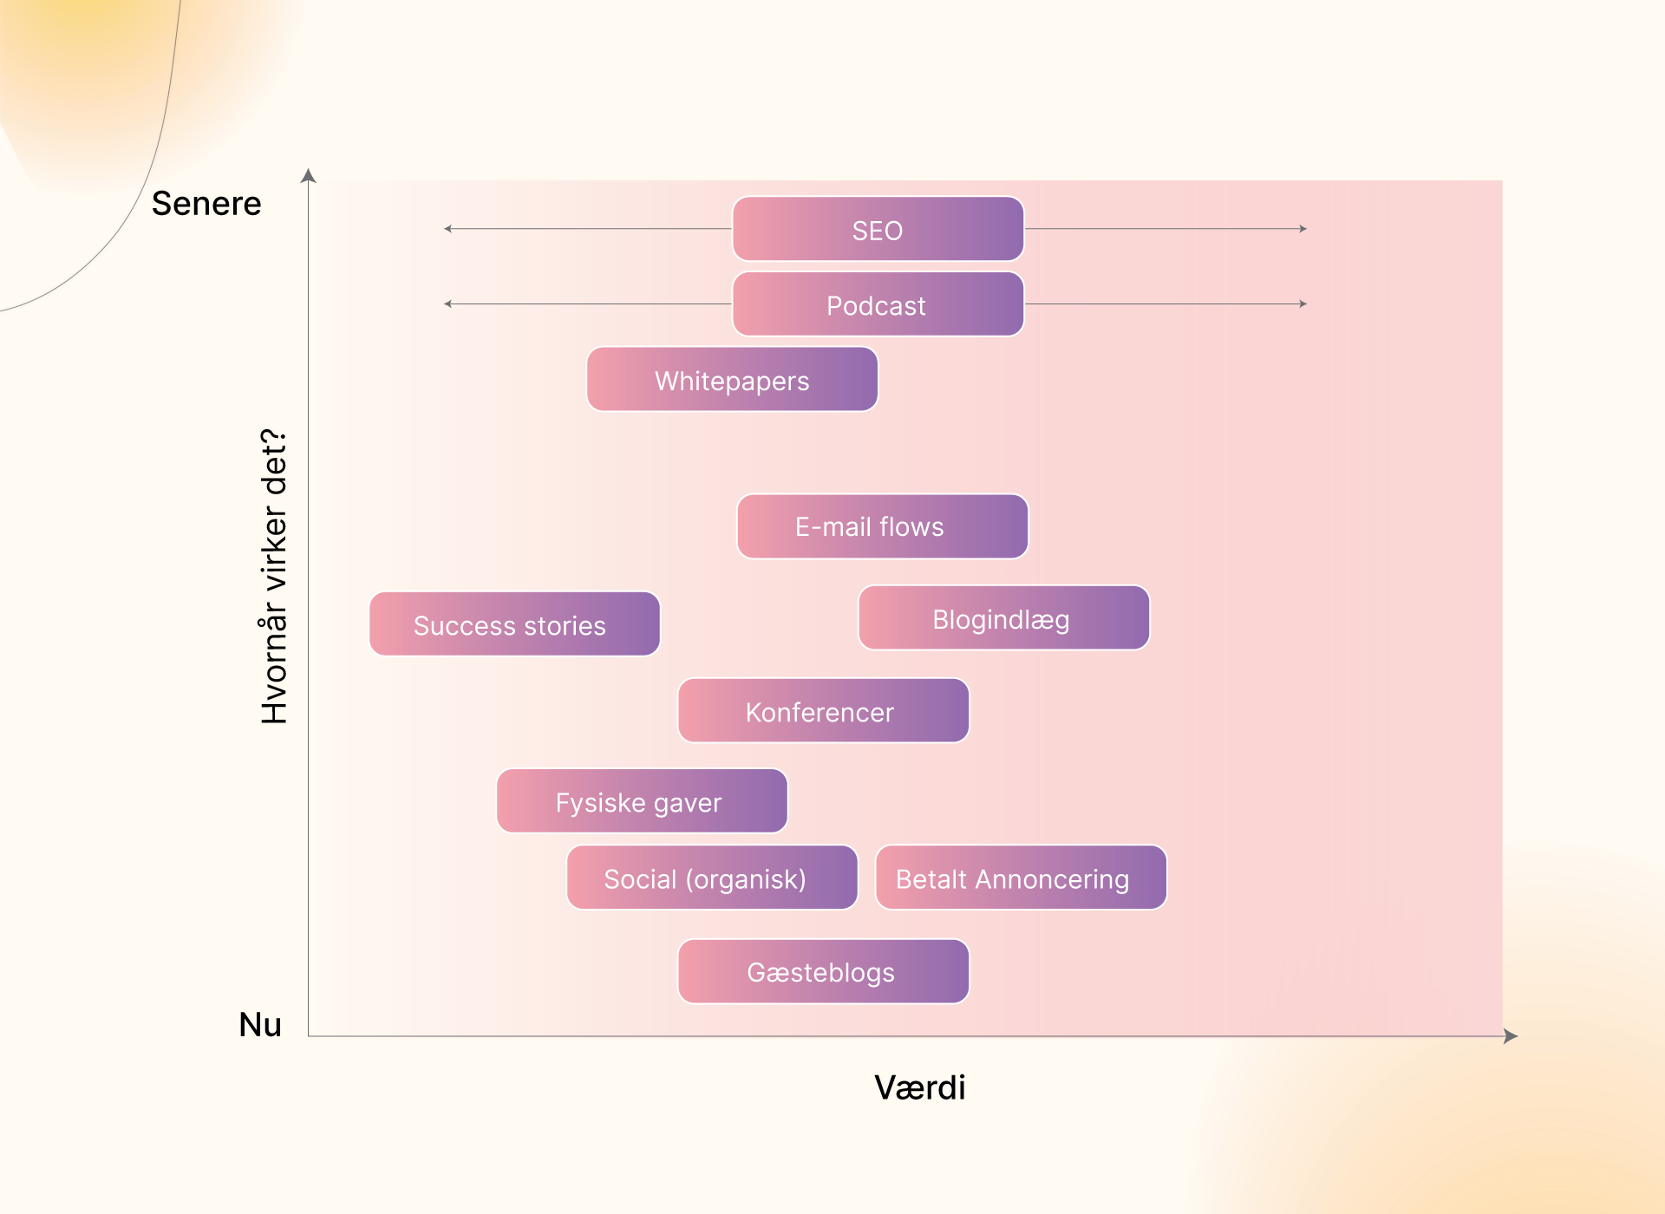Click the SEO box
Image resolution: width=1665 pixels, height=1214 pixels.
(878, 229)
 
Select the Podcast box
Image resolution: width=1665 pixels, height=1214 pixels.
(878, 304)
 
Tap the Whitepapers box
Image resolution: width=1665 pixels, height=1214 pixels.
(733, 380)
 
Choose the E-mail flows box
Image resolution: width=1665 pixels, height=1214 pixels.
(883, 526)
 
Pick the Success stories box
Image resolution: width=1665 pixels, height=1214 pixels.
(515, 624)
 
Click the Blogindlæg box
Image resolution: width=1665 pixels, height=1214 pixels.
(1004, 617)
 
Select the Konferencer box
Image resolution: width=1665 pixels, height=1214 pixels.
(824, 711)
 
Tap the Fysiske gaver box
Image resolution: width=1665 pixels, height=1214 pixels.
(643, 801)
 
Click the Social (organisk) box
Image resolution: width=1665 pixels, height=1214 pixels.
(713, 878)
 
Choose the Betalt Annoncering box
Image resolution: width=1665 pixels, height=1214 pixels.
(1022, 878)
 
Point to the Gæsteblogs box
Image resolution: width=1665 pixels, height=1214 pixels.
(824, 971)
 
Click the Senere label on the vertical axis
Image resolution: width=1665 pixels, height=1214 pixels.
(206, 204)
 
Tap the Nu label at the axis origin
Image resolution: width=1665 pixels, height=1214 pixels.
(260, 1025)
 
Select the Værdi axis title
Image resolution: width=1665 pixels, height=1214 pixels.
(920, 1087)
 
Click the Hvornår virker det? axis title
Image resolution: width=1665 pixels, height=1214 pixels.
(274, 577)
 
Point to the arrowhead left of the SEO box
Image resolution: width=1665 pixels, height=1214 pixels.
(447, 229)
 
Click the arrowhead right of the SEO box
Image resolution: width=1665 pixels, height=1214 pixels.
(1303, 229)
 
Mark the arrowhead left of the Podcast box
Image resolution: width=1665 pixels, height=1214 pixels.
(447, 304)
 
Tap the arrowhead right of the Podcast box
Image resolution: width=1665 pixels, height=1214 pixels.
(1303, 304)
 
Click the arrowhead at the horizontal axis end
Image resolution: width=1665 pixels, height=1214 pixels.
(1511, 1036)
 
